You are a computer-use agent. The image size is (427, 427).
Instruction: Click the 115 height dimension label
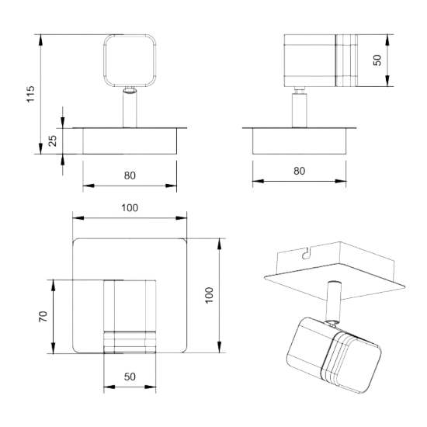31,94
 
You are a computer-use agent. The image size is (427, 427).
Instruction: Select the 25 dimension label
53,141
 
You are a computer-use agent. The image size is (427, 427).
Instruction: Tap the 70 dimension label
43,317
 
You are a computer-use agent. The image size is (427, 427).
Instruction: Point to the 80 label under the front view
130,175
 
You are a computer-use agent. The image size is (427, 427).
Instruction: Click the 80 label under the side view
299,171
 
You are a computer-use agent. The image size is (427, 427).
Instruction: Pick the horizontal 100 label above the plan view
130,208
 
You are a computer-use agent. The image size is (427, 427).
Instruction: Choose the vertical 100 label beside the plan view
209,295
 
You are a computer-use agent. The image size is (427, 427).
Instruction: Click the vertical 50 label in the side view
377,61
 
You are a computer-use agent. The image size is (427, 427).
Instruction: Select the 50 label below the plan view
130,377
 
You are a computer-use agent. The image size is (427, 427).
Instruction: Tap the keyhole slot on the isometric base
307,253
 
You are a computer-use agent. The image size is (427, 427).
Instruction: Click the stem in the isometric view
333,302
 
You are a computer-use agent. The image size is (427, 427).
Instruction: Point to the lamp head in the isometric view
334,355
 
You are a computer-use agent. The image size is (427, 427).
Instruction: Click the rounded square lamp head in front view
130,61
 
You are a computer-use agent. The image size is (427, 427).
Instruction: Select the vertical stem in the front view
130,108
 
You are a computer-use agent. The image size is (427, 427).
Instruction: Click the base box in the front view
130,141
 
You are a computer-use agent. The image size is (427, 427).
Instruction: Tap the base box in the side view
299,141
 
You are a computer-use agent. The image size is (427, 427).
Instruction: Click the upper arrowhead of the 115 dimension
40,40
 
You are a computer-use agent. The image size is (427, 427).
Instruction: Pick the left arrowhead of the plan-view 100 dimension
78,218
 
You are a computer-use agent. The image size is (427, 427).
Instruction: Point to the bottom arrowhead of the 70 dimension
53,348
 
